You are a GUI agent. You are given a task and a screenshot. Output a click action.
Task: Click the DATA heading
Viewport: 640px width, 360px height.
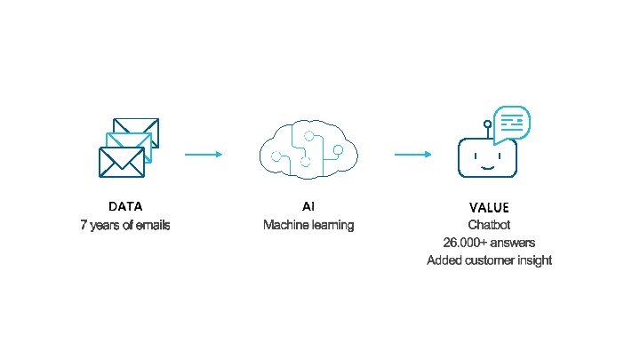pyautogui.click(x=124, y=206)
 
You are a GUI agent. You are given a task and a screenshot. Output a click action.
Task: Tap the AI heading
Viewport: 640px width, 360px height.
pyautogui.click(x=308, y=206)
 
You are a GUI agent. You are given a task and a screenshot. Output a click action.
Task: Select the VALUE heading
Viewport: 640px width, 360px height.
pyautogui.click(x=489, y=207)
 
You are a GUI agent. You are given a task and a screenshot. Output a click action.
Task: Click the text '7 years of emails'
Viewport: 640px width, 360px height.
pyautogui.click(x=124, y=226)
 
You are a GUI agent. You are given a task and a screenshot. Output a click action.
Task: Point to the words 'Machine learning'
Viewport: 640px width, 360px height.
pyautogui.click(x=308, y=226)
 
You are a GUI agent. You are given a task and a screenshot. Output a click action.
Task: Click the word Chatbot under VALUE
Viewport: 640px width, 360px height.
pyautogui.click(x=489, y=225)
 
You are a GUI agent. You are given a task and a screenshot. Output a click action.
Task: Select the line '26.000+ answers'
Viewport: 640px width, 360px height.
pyautogui.click(x=489, y=243)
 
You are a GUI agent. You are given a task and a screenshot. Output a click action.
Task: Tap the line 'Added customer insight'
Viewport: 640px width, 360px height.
pyautogui.click(x=489, y=260)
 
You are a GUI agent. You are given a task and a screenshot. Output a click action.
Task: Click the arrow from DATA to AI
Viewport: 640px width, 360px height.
pyautogui.click(x=204, y=154)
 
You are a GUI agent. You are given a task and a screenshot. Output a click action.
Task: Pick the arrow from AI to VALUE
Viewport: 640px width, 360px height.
pyautogui.click(x=413, y=154)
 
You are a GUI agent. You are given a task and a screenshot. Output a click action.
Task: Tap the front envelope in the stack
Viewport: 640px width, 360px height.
pyautogui.click(x=120, y=163)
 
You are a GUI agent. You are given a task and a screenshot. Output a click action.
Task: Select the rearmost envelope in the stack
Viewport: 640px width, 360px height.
pyautogui.click(x=137, y=131)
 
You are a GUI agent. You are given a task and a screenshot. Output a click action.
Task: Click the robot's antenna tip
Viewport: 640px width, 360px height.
pyautogui.click(x=486, y=124)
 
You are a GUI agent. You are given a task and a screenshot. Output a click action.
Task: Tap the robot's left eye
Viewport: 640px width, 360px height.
pyautogui.click(x=476, y=155)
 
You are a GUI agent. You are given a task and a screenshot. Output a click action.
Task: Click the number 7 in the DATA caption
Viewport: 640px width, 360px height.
pyautogui.click(x=84, y=226)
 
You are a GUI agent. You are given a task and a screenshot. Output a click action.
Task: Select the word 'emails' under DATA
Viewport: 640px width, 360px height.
pyautogui.click(x=152, y=226)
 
